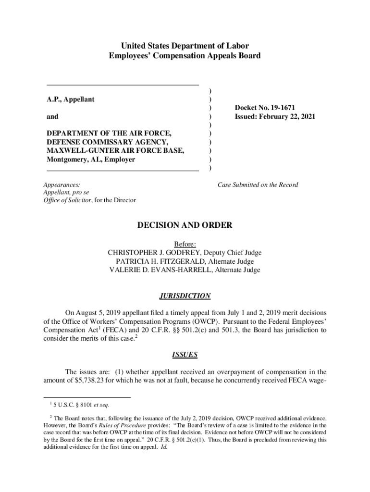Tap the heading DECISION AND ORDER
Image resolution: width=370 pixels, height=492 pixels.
pos(185,225)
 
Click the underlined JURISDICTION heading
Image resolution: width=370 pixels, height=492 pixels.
pos(185,295)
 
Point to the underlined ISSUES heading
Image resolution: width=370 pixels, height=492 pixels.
pos(185,355)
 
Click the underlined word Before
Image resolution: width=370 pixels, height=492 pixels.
pos(185,244)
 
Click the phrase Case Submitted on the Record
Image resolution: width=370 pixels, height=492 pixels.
pos(258,185)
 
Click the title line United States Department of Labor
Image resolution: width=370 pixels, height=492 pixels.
pos(185,46)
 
